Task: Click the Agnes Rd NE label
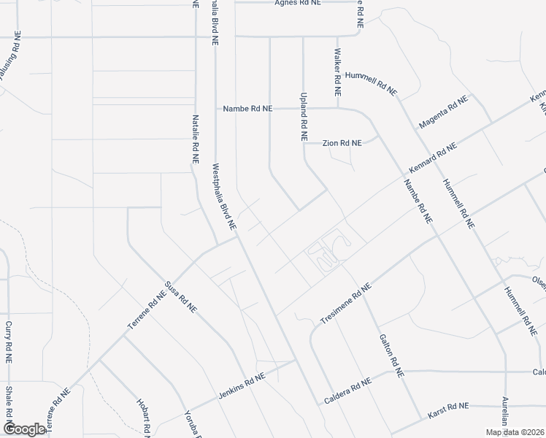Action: (298, 3)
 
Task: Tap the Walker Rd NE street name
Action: (338, 74)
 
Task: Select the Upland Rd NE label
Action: (304, 116)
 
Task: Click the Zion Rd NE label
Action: (342, 143)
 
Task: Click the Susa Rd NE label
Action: (181, 297)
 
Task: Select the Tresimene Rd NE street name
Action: (346, 301)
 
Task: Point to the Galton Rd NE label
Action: (391, 355)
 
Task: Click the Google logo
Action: (24, 429)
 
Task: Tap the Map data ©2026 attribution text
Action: (515, 432)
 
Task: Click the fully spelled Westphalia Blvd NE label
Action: (224, 196)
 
